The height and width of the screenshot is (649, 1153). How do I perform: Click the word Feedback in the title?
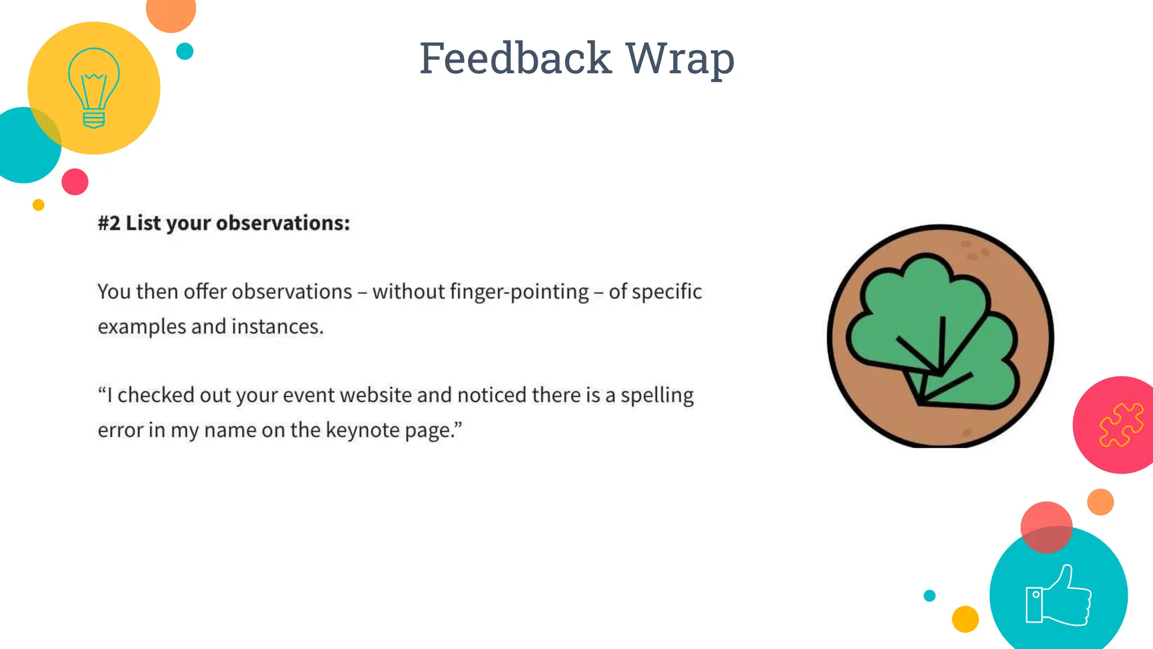point(515,58)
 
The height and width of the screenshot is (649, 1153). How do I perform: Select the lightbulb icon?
point(93,88)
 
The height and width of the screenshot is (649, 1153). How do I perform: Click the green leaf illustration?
point(935,332)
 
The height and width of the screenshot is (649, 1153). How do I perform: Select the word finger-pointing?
point(519,292)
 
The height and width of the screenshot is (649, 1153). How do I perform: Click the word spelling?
point(657,395)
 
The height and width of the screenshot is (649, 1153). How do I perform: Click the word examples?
point(142,327)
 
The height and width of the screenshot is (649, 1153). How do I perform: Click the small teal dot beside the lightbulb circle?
point(185,51)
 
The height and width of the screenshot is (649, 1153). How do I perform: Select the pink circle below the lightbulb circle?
point(75,181)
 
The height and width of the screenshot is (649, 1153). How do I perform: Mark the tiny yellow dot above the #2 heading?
point(38,205)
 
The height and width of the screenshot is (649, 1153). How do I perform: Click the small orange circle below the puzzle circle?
point(1100,502)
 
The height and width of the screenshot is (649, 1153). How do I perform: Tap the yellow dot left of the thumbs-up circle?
point(965,619)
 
